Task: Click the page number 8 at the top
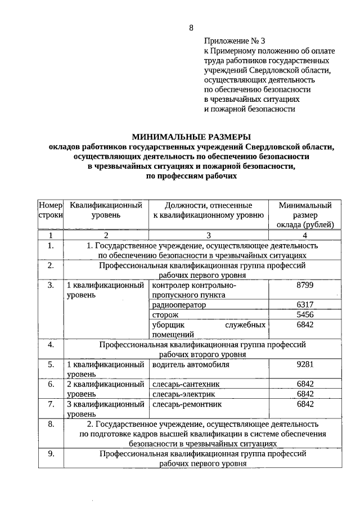point(191,28)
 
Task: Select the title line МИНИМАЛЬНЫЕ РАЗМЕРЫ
point(191,137)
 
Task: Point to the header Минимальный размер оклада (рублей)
point(305,215)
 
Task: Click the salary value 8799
point(305,285)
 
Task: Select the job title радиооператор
point(179,305)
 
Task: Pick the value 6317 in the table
point(305,305)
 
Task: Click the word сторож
point(165,315)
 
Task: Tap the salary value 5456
point(305,315)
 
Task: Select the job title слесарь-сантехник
point(185,384)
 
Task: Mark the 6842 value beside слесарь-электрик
point(305,394)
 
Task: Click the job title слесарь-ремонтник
point(187,404)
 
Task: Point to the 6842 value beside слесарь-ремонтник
point(305,404)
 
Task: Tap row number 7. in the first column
point(51,404)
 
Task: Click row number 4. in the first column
point(51,344)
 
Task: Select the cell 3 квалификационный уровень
point(105,408)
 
